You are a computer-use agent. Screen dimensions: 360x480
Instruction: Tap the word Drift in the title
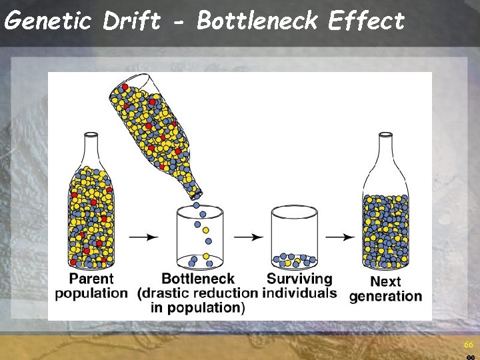point(131,21)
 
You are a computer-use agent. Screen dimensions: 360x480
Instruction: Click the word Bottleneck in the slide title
point(257,21)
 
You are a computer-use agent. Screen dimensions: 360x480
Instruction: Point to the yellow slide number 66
point(468,345)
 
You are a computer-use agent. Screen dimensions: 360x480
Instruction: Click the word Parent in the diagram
point(91,279)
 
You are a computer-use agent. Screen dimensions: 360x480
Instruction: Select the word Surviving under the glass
point(299,279)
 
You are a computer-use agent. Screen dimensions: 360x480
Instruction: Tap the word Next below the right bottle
point(385,281)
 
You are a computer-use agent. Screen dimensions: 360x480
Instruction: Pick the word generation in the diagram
point(385,296)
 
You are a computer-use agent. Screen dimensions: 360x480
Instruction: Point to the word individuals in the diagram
point(299,293)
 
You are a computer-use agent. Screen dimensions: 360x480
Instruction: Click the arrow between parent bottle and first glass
point(143,237)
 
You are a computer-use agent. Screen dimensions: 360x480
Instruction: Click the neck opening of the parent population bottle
point(91,136)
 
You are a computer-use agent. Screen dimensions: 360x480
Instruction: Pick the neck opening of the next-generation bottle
point(385,136)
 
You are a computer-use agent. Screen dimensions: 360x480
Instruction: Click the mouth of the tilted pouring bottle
point(196,193)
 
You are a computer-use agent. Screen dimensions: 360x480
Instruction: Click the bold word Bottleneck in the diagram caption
point(198,279)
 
